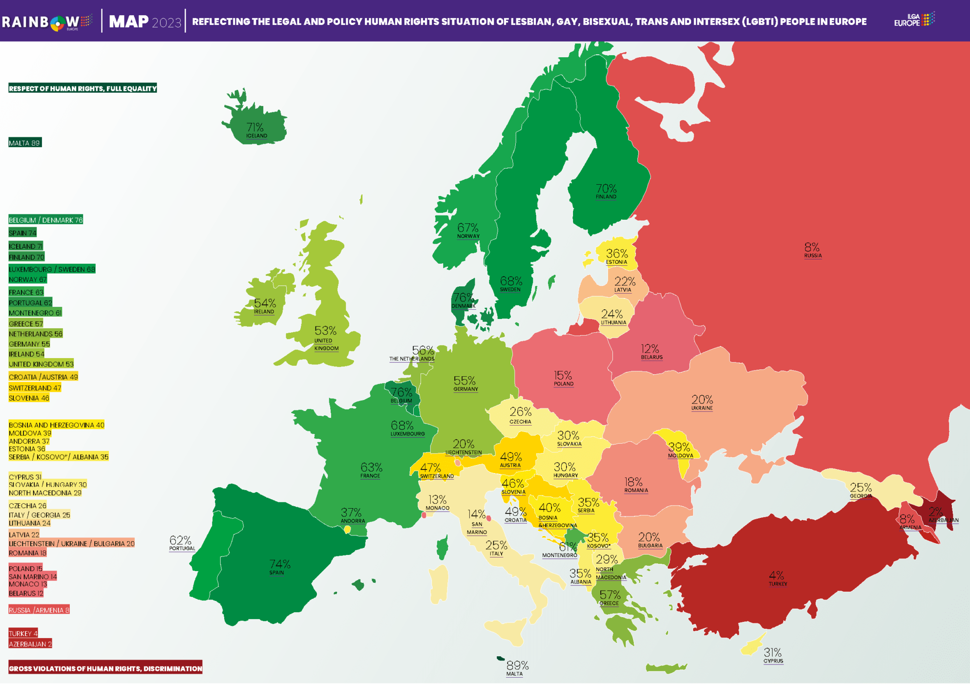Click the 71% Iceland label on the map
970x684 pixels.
[255, 130]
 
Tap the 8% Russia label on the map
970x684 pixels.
[812, 250]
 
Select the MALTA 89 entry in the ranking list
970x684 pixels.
[24, 143]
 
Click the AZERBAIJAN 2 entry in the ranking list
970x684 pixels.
[30, 644]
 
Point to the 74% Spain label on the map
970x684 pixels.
[279, 567]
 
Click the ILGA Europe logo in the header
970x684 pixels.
[914, 20]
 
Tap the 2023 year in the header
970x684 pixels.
[166, 22]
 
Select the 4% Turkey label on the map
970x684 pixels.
[777, 578]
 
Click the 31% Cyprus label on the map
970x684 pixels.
[773, 655]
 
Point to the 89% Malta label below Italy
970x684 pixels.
[517, 668]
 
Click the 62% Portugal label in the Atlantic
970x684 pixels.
[181, 543]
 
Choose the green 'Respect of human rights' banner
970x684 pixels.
[83, 88]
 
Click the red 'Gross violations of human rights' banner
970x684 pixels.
[105, 668]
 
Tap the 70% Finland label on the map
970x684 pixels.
[606, 191]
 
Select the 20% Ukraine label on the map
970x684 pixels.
[702, 402]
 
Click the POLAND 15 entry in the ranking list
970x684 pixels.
[25, 568]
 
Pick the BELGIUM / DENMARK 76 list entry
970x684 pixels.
[45, 220]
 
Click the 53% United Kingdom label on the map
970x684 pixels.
[325, 337]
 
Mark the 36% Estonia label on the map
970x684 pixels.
[616, 256]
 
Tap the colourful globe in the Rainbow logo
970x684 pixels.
[58, 22]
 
